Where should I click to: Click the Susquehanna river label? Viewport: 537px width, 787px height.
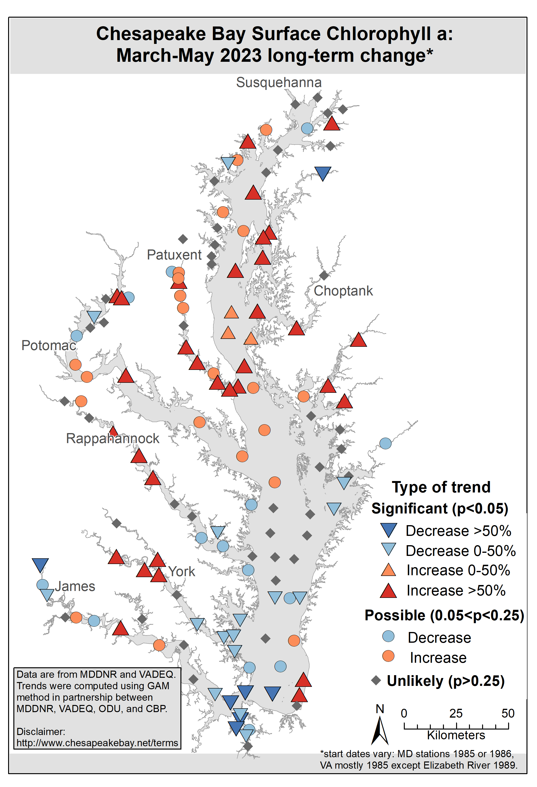click(x=279, y=83)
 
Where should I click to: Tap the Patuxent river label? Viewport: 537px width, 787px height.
click(x=174, y=255)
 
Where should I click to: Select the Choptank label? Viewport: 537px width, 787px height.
click(x=343, y=291)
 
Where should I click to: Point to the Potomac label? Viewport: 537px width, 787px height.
click(x=49, y=345)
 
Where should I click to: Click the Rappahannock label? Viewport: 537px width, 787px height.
click(x=112, y=439)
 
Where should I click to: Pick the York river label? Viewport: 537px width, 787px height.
click(x=182, y=572)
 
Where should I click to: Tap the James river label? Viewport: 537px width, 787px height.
click(x=75, y=586)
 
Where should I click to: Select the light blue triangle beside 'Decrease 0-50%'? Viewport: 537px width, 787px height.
click(x=388, y=549)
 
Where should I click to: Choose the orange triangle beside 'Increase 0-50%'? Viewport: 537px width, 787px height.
click(x=388, y=570)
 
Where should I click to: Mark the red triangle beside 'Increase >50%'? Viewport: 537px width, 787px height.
click(x=388, y=591)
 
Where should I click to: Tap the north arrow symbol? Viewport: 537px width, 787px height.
click(x=380, y=730)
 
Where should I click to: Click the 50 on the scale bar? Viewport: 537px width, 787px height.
click(x=508, y=714)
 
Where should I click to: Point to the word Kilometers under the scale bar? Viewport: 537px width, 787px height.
click(x=456, y=735)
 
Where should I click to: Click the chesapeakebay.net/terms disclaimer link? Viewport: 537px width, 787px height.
click(x=97, y=743)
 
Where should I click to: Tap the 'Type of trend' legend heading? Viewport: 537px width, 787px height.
click(x=441, y=487)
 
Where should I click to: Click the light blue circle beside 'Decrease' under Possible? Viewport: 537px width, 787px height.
click(x=388, y=636)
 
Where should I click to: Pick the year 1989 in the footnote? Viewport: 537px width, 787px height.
click(x=504, y=765)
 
